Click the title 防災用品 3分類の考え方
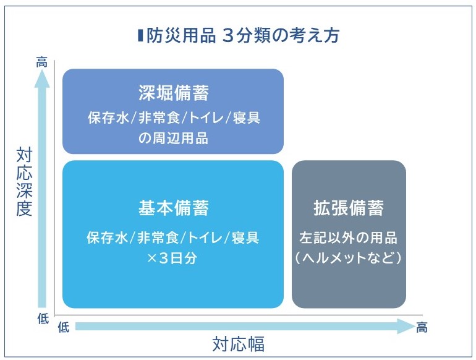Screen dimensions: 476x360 point(242,35)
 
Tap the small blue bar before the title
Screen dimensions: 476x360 point(140,35)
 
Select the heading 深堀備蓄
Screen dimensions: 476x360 point(174,93)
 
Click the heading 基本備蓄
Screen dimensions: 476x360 point(174,208)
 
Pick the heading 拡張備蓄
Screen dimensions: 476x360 point(349,208)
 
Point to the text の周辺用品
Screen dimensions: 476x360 point(173,138)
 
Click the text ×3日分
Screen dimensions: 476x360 point(172,258)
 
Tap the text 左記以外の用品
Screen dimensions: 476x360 point(349,238)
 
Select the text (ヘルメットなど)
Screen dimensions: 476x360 point(349,258)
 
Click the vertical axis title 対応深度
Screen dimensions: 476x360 point(24,182)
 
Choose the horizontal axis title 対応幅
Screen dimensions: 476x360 point(238,344)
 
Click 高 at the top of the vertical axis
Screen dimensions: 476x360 point(41,62)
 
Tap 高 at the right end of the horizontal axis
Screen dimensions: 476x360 point(422,327)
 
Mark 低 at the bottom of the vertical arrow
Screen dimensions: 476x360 point(43,319)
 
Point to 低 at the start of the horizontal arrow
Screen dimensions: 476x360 point(64,327)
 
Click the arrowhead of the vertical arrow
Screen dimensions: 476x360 point(42,79)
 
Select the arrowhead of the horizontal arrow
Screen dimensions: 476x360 point(407,327)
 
